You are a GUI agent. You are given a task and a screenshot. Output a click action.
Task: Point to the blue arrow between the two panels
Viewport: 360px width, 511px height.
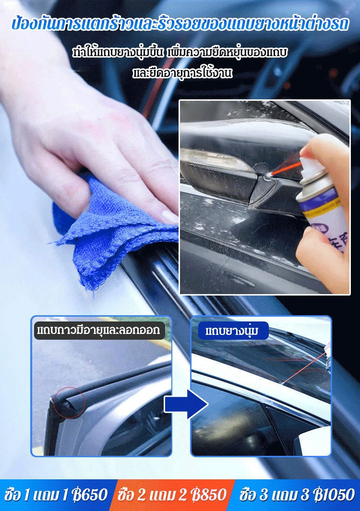coord(186,404)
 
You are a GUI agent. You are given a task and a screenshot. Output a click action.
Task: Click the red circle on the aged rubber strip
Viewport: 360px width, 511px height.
coord(69,402)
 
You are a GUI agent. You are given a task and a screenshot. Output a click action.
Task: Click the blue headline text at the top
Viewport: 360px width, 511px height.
coord(180,24)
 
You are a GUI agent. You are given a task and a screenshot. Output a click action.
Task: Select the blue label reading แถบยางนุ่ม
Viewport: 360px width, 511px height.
coord(232,331)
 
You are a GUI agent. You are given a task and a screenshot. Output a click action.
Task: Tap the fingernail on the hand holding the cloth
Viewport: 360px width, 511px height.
coord(169,216)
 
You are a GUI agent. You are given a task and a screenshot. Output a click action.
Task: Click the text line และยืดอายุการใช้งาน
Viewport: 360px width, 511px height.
coord(182,72)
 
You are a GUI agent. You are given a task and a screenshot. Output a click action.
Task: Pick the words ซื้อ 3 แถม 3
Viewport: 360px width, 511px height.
coord(275,495)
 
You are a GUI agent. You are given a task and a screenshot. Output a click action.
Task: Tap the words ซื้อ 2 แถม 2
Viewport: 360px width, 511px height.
coord(153,495)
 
